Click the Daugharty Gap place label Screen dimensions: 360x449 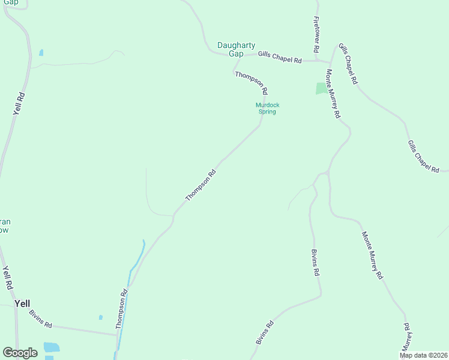click(236, 49)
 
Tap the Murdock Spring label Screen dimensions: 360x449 click(267, 109)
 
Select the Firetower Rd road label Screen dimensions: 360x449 click(316, 34)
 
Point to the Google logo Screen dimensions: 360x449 click(20, 353)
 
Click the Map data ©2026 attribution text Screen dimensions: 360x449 click(424, 355)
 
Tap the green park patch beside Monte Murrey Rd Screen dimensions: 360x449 click(322, 88)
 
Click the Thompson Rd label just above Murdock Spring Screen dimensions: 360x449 click(250, 83)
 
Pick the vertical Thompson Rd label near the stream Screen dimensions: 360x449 click(122, 310)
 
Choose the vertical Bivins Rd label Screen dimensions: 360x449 click(315, 262)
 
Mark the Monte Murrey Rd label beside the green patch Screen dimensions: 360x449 click(333, 94)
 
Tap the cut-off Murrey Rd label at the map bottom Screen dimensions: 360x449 click(406, 339)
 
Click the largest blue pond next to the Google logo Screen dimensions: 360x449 click(52, 347)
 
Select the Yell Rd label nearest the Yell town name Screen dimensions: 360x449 click(7, 278)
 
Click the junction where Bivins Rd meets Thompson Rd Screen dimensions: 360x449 click(116, 334)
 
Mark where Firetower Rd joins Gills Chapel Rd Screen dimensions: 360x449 click(317, 60)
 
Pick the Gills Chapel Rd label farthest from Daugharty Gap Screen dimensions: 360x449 click(423, 157)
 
